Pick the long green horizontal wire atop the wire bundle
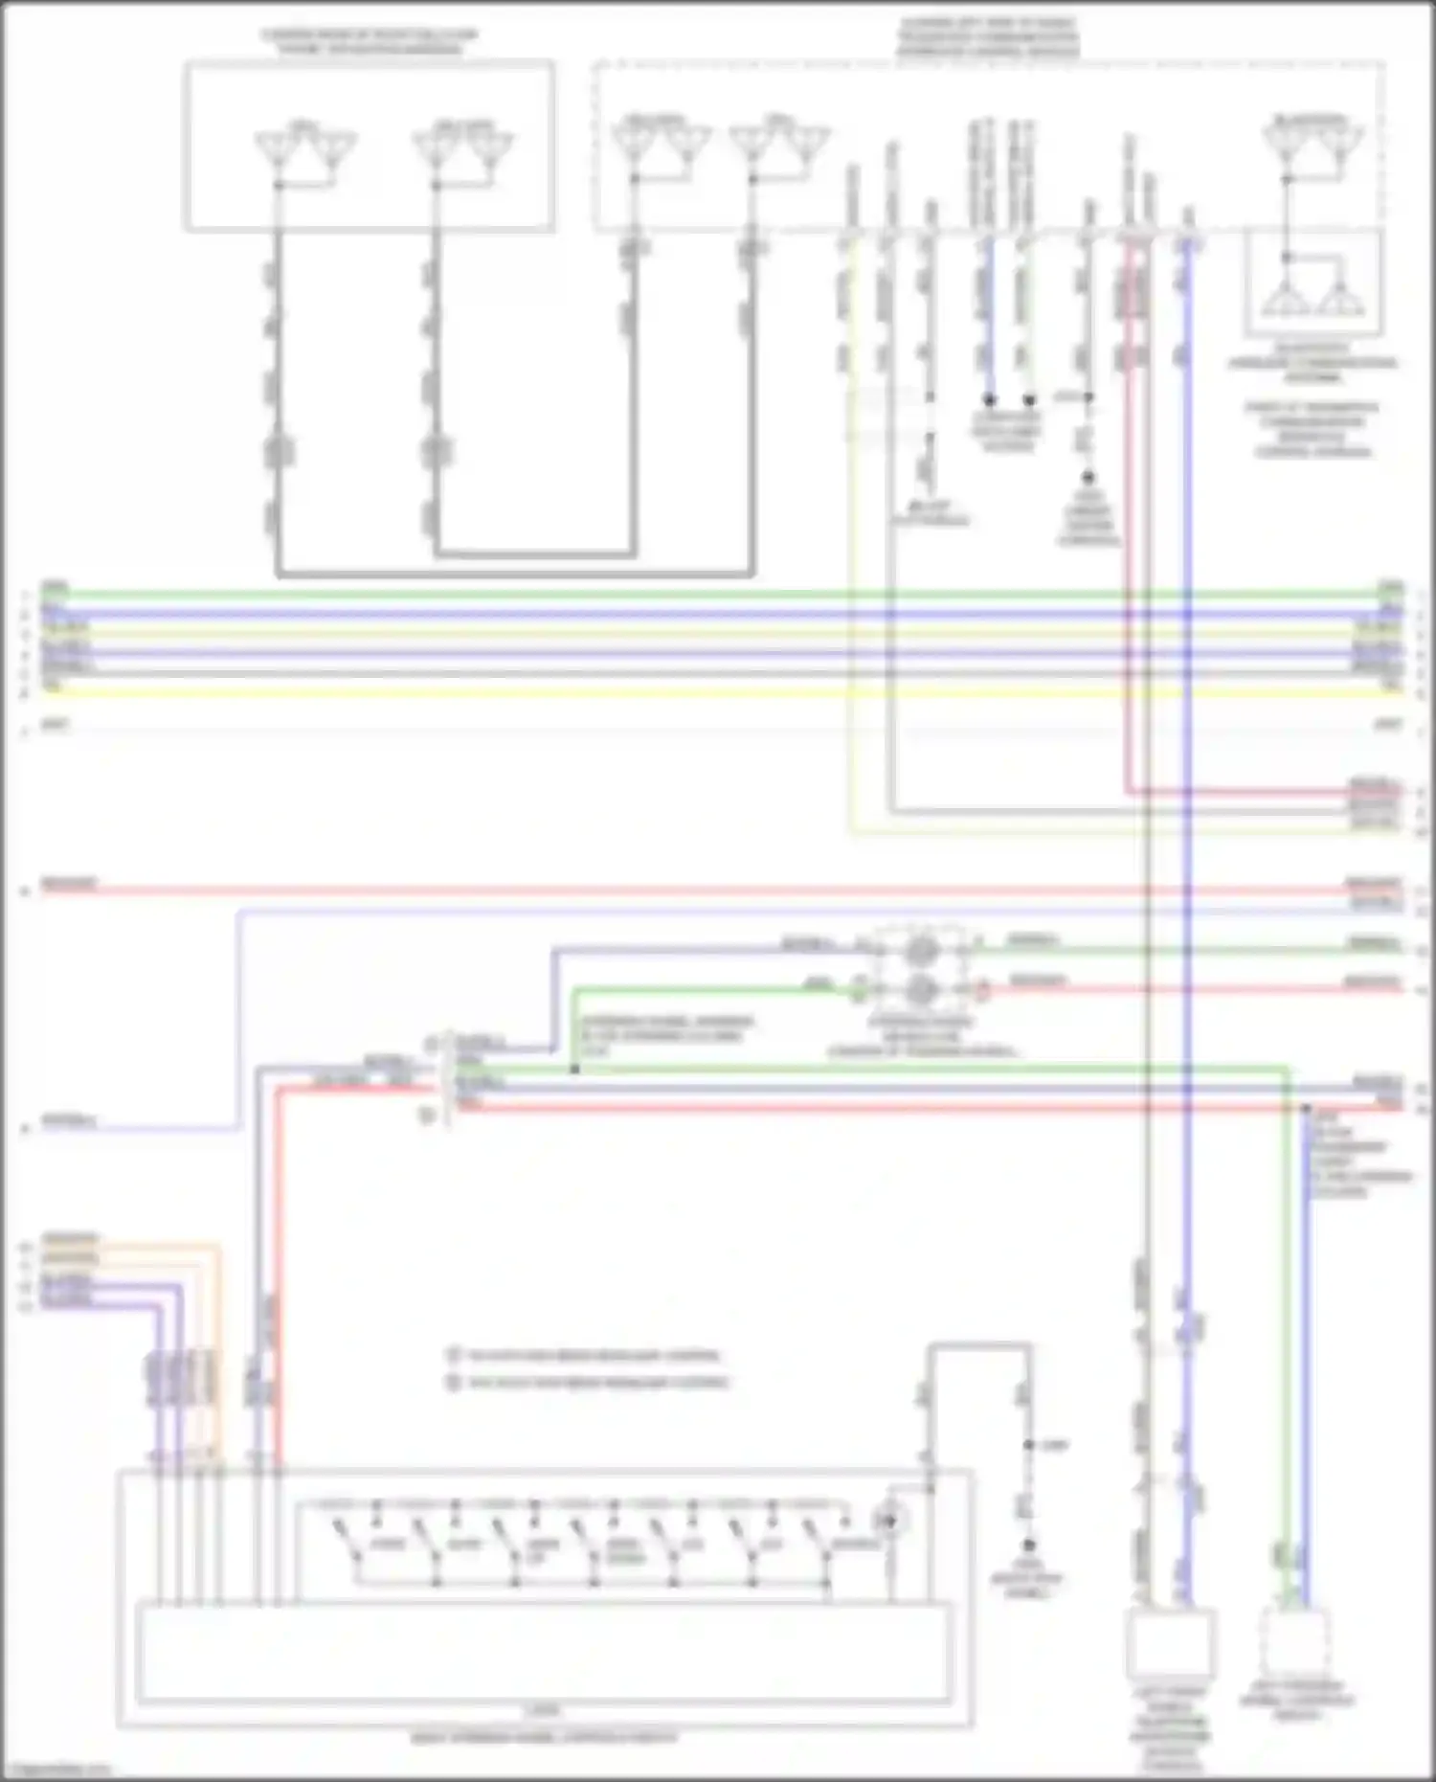coord(718,595)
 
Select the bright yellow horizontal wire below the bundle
coord(718,692)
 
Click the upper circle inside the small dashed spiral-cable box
coord(920,950)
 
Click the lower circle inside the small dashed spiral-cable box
coord(920,989)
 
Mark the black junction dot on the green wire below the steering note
coord(574,1069)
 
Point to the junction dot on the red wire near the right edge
coord(1306,1108)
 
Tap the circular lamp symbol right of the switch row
coord(891,1521)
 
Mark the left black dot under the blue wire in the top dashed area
coord(989,399)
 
